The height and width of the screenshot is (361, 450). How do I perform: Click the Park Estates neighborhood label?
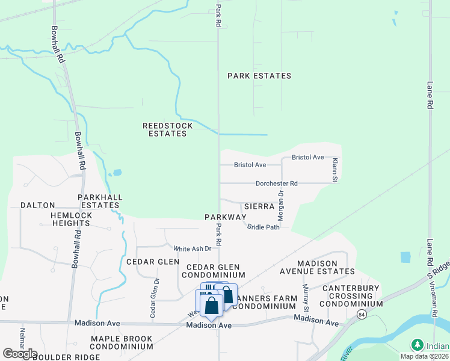tap(259, 76)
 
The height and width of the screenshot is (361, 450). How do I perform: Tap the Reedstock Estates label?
tap(167, 129)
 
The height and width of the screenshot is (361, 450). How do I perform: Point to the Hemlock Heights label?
tap(63, 218)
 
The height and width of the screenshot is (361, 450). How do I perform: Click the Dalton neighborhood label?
tap(38, 205)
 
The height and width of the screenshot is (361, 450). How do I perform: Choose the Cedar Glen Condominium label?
tap(213, 271)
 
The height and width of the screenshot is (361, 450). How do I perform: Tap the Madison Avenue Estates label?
tap(325, 267)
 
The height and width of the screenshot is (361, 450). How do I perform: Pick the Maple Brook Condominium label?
tap(122, 342)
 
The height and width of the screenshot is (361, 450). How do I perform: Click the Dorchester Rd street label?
tap(276, 184)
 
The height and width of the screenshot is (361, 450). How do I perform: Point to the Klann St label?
tap(335, 170)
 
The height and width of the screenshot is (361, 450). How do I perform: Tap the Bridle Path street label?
tap(264, 227)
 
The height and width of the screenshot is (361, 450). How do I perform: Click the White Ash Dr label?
tap(193, 248)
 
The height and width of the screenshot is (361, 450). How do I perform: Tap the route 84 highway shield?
tap(360, 315)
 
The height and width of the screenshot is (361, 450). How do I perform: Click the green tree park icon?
tap(417, 345)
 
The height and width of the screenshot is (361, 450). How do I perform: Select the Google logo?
tap(20, 354)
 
